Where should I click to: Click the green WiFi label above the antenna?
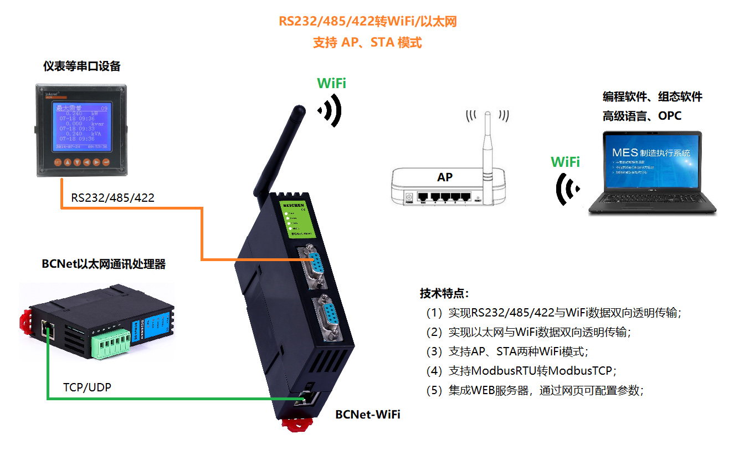tap(331, 83)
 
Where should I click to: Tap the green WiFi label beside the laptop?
tap(565, 162)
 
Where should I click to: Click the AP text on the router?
tap(444, 177)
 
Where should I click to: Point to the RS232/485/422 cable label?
tap(112, 197)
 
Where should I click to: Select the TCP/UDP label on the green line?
tap(87, 387)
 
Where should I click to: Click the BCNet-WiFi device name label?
tap(367, 415)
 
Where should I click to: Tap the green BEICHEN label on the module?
tap(299, 219)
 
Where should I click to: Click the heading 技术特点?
tap(444, 293)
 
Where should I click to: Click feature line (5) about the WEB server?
tap(534, 390)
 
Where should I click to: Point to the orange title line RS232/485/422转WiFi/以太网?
tap(367, 22)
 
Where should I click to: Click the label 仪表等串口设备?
tap(82, 66)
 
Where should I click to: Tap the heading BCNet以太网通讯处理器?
tap(104, 264)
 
